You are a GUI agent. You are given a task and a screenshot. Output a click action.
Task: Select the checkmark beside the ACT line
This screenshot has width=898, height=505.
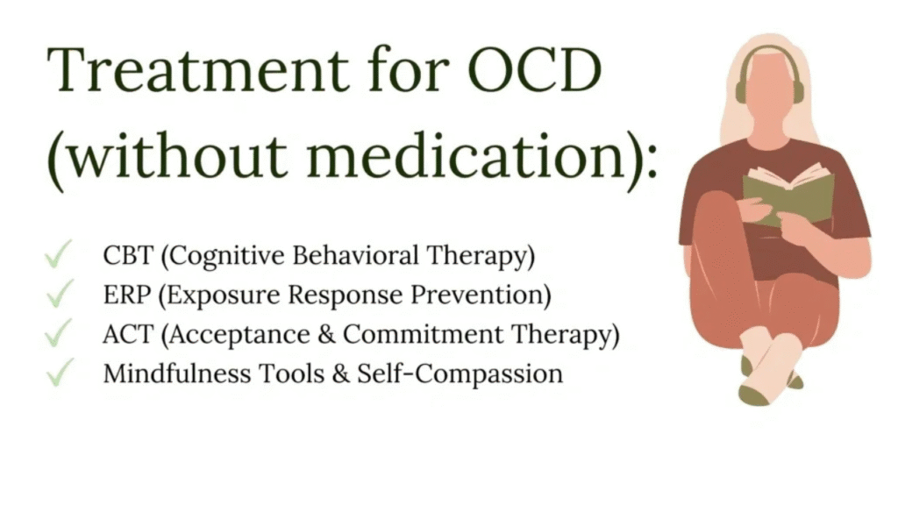59,332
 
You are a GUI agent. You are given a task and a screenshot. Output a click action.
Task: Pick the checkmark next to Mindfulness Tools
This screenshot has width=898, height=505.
59,372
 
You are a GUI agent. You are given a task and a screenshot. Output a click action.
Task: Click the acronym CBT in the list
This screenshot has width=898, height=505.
128,255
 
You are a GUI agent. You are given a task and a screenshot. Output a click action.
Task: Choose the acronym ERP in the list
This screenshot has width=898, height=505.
126,295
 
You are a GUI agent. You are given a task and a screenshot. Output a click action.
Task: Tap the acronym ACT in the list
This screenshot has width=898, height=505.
128,334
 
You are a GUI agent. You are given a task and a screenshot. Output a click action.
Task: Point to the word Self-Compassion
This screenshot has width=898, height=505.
460,374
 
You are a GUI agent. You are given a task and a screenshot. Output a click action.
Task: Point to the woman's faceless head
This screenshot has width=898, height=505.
769,90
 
